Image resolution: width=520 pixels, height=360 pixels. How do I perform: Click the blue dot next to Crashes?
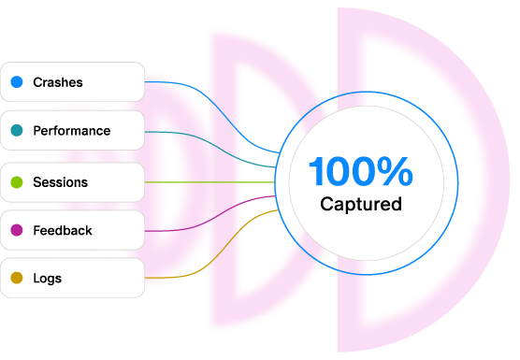(17, 82)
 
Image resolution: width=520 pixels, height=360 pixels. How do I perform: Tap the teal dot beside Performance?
(17, 130)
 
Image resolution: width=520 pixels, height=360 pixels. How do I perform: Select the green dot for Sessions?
(17, 182)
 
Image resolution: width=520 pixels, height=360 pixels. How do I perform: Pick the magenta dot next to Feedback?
(17, 230)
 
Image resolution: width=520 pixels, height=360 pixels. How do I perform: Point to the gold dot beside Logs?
(17, 278)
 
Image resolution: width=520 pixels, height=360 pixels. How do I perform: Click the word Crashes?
(58, 82)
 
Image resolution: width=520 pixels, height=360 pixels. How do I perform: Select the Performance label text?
(72, 131)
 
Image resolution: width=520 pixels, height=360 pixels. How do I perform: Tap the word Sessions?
(61, 182)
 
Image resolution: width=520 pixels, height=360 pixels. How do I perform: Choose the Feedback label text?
(63, 230)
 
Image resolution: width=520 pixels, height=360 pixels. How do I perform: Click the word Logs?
(48, 279)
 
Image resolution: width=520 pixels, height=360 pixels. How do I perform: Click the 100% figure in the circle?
(361, 171)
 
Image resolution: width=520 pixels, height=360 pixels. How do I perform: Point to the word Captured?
(361, 204)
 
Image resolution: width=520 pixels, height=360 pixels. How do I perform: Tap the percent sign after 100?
(395, 171)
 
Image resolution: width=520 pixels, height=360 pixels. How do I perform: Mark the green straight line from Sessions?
(209, 182)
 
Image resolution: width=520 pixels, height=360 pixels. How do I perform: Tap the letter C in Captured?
(326, 204)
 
